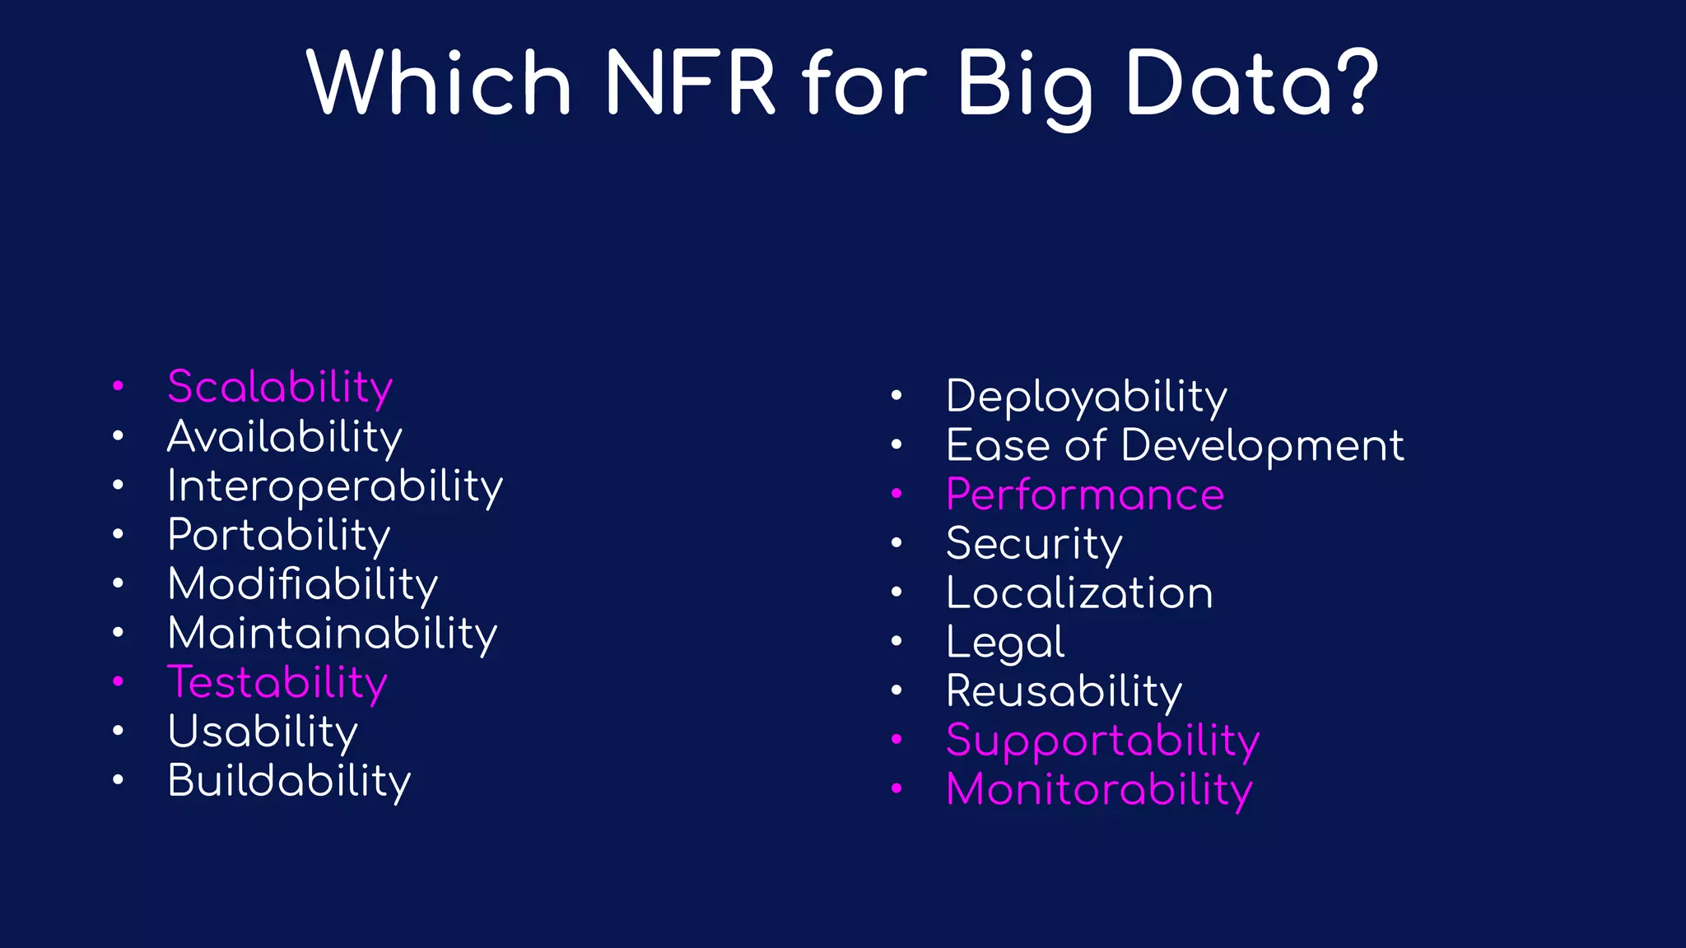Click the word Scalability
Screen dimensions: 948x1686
[280, 387]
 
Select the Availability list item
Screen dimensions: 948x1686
[284, 436]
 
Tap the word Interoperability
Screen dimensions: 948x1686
[334, 486]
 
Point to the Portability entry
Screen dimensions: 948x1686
[278, 535]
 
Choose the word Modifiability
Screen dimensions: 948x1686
[302, 584]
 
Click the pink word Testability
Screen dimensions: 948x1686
[277, 682]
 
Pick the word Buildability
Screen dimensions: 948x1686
[288, 780]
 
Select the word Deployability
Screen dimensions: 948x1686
[1086, 397]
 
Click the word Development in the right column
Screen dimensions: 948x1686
[1261, 445]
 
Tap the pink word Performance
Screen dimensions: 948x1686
[1084, 495]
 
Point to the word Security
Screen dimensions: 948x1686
[1033, 544]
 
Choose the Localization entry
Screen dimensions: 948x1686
[1078, 592]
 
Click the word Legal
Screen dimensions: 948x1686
[1004, 642]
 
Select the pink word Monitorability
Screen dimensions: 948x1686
[1099, 789]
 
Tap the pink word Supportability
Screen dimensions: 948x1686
[1102, 740]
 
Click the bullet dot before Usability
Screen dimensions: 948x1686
[119, 731]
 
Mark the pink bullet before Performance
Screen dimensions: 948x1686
[897, 494]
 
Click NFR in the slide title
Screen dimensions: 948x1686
[690, 83]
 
